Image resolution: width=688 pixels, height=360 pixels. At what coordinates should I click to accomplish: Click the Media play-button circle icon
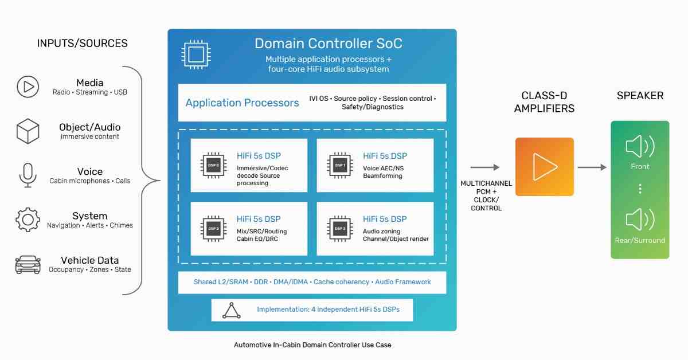28,87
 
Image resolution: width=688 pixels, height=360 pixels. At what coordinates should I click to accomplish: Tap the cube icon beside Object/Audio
28,131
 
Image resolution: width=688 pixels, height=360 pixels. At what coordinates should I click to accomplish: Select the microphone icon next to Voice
28,175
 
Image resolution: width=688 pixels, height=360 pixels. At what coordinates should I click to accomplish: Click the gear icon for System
28,220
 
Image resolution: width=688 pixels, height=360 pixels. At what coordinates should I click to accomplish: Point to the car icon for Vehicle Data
28,264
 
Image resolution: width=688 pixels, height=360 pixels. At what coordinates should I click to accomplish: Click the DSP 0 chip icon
213,165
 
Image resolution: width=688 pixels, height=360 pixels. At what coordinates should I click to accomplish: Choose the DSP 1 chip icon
339,165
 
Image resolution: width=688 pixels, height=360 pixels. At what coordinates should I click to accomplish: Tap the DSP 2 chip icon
213,229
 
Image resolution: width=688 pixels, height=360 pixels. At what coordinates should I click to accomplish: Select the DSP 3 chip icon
339,229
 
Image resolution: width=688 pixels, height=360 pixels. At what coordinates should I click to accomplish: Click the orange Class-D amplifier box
545,167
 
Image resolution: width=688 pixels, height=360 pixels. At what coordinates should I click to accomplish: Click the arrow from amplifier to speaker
592,167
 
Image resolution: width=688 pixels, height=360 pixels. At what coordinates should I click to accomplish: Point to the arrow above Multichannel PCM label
485,167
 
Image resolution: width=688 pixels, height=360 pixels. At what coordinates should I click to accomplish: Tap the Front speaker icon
640,146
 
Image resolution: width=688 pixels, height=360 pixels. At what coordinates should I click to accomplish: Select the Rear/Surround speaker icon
640,220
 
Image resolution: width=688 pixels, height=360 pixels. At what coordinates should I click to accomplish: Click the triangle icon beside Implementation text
231,311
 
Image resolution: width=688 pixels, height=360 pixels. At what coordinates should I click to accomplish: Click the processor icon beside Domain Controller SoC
196,54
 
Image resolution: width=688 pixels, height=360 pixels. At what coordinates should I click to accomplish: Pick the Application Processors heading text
242,103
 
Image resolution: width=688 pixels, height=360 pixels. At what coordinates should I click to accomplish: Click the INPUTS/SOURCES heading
83,44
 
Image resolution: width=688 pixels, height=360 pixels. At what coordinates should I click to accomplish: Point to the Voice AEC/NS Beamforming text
384,172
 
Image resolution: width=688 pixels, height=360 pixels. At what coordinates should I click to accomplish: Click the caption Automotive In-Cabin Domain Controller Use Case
312,345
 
